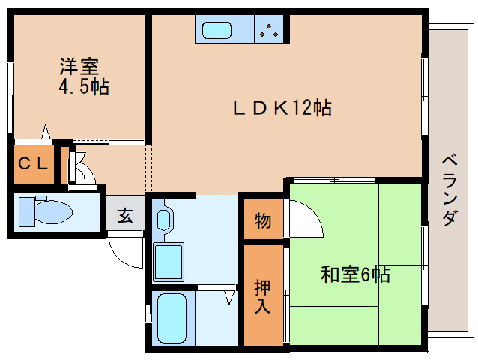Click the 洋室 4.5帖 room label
point(84,76)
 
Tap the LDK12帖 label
point(282,107)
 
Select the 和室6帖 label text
point(355,274)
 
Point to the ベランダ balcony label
point(450,190)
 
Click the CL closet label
point(33,163)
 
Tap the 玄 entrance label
point(125,216)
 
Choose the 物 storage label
point(263,220)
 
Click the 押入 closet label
point(262,296)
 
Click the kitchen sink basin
point(217,30)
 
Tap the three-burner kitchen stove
point(269,30)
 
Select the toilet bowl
point(53,211)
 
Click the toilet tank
point(26,212)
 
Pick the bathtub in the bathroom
point(172,318)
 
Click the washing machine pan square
point(169,262)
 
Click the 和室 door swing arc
point(312,214)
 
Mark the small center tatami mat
point(356,264)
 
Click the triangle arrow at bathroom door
point(230,298)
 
